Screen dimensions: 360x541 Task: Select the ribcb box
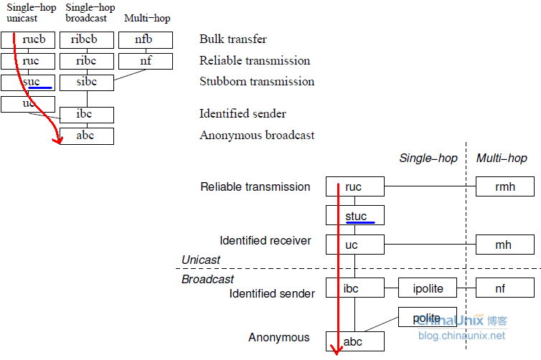(x=86, y=40)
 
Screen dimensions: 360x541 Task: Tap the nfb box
(x=145, y=40)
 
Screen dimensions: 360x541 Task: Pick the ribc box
(x=86, y=61)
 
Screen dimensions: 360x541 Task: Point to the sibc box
(x=86, y=82)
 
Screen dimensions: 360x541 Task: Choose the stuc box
(x=354, y=216)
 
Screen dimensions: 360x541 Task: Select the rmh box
(x=504, y=187)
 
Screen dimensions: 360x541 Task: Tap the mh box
(x=504, y=245)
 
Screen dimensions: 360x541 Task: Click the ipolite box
(x=428, y=288)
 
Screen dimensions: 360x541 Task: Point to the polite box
(x=427, y=318)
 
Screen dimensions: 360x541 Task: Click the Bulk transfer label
(x=233, y=39)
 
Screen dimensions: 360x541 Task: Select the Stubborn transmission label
(x=257, y=82)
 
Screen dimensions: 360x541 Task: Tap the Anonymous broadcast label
(x=257, y=135)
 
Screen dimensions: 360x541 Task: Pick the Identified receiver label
(x=265, y=241)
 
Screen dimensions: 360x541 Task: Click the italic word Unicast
(x=201, y=260)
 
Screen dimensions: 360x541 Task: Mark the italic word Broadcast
(x=207, y=279)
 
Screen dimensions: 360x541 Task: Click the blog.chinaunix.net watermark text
(x=461, y=336)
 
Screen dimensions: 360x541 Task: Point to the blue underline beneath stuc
(x=359, y=222)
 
